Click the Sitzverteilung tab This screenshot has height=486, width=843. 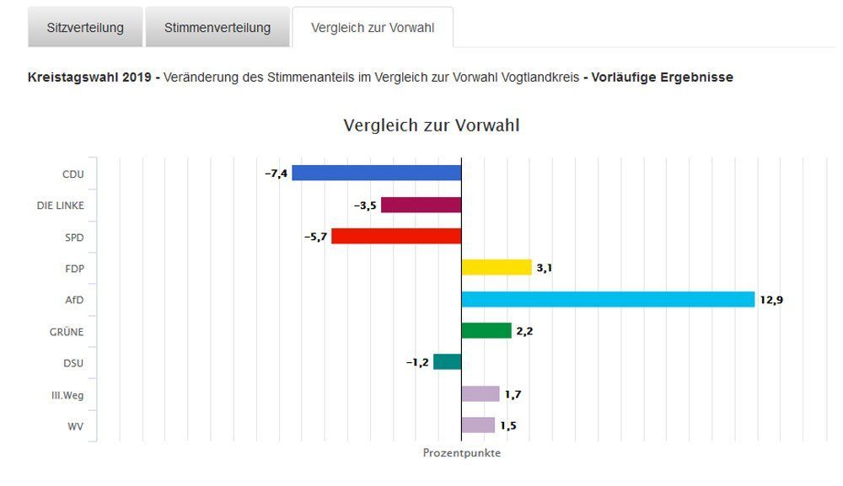(85, 28)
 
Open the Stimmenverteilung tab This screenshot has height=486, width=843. (217, 28)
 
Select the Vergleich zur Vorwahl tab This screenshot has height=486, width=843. (372, 28)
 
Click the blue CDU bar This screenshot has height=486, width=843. (376, 173)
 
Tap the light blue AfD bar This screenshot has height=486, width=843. (608, 299)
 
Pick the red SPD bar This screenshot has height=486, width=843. (396, 236)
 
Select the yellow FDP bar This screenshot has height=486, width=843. (496, 268)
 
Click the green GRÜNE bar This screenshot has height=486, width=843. (486, 330)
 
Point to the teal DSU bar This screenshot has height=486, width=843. (448, 361)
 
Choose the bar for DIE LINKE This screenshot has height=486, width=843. (421, 205)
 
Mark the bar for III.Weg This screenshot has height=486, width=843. (481, 393)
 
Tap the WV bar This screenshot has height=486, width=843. (478, 425)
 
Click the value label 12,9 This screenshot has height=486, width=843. (771, 300)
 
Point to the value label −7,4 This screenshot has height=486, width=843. (276, 174)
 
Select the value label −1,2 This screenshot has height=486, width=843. (417, 362)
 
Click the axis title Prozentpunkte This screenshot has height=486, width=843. (461, 453)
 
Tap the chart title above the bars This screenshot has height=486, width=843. (431, 126)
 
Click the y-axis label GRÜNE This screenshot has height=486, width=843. (67, 331)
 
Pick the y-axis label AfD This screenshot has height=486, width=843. (74, 300)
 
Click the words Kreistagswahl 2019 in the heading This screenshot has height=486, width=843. (89, 77)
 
